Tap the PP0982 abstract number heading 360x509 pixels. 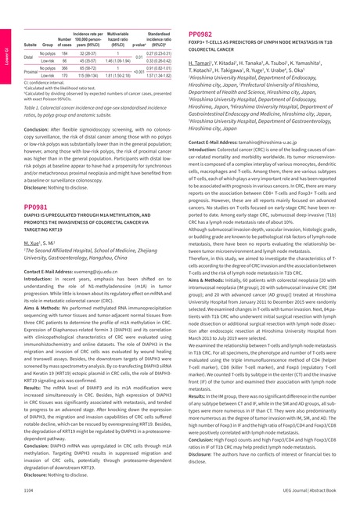201,34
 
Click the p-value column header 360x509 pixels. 139,45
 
